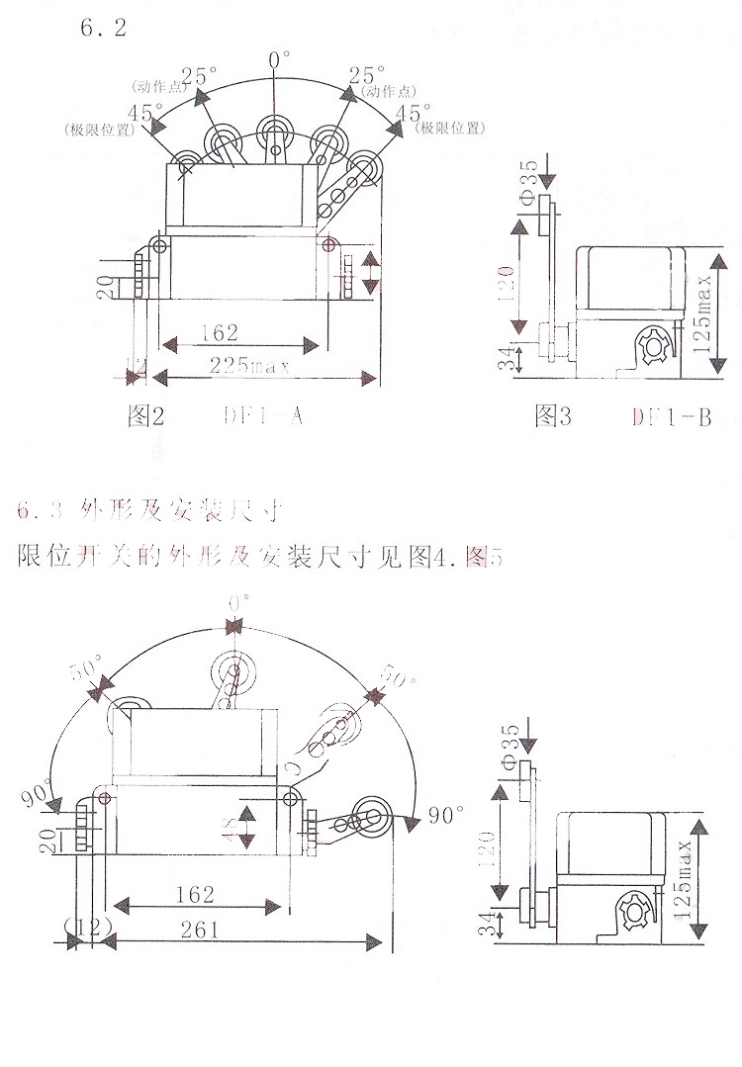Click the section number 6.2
[x=103, y=27]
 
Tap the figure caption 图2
[x=145, y=416]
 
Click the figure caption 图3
[x=553, y=416]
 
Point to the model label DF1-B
[x=672, y=416]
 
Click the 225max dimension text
[x=246, y=367]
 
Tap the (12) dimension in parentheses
[x=88, y=928]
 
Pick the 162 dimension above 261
[x=195, y=894]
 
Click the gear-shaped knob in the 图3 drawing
[x=652, y=348]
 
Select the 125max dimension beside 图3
[x=703, y=307]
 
